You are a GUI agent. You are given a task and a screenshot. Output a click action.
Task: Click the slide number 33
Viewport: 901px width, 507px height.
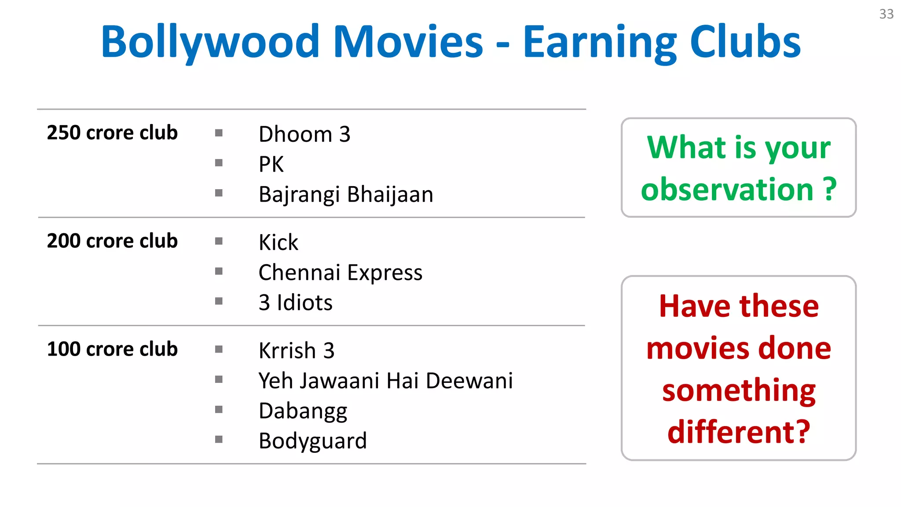(x=886, y=14)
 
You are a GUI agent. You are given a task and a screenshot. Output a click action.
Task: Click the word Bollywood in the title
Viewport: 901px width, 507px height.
(x=210, y=42)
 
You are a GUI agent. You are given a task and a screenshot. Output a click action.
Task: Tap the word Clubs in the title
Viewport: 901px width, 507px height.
(x=745, y=42)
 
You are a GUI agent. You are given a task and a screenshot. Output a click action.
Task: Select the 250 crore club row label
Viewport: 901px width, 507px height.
(x=112, y=133)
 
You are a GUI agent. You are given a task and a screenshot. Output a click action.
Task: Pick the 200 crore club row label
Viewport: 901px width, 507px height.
(x=112, y=241)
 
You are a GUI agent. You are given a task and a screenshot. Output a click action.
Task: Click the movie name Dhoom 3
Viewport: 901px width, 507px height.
(x=304, y=134)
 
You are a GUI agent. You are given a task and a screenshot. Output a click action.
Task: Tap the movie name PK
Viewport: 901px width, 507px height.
(x=271, y=165)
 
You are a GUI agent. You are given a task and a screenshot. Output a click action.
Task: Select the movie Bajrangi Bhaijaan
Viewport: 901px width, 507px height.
(x=346, y=195)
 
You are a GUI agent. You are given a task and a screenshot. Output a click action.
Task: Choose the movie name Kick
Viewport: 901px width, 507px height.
(x=278, y=242)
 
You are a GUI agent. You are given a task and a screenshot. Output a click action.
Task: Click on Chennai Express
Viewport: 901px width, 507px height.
(x=340, y=272)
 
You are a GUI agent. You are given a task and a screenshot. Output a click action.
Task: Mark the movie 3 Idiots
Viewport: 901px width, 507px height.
(x=295, y=303)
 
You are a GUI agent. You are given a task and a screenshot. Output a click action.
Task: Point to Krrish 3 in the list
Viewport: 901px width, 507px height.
(x=296, y=351)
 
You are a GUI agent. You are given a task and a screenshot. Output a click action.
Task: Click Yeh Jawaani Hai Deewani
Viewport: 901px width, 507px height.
(x=385, y=381)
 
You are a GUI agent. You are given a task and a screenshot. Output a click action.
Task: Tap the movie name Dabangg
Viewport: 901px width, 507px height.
(x=303, y=411)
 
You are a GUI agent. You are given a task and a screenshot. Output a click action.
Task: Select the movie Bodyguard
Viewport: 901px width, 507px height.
(x=312, y=441)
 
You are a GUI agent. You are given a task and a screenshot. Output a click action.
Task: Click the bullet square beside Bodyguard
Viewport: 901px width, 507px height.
(x=219, y=439)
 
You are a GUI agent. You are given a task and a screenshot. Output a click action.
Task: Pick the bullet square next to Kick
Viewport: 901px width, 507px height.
(x=219, y=241)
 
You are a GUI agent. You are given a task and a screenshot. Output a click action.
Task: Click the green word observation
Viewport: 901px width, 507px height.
(x=727, y=190)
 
